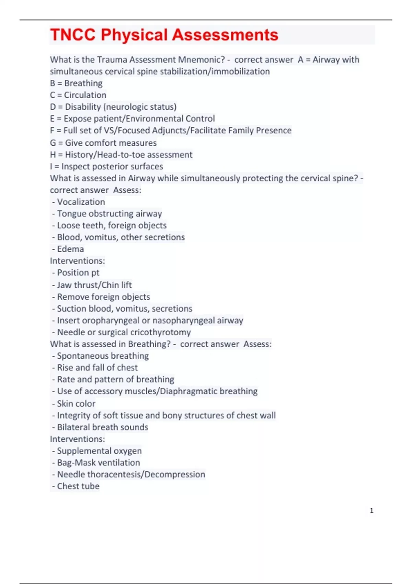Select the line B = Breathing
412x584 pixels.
point(76,83)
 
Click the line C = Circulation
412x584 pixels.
point(78,95)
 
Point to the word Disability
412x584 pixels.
point(83,107)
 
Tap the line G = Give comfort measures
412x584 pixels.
point(103,143)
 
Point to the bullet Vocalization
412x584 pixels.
point(81,202)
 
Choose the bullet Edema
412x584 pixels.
point(70,249)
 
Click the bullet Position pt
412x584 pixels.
point(78,273)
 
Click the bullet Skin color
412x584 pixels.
point(76,404)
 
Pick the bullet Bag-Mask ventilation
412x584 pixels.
point(99,463)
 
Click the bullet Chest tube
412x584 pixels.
point(78,486)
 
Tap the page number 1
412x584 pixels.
point(371,510)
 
